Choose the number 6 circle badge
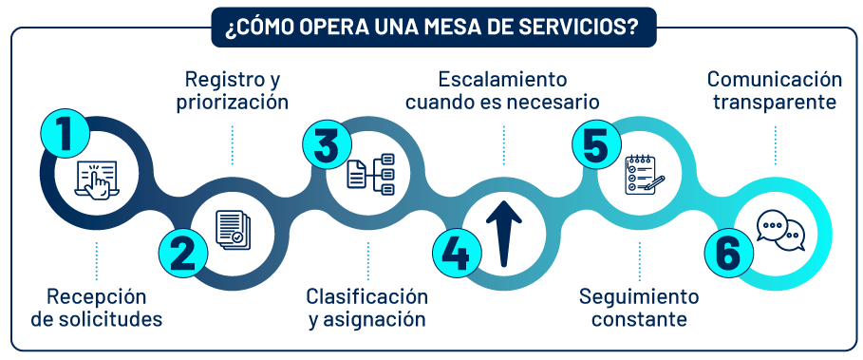(728, 253)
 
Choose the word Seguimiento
(639, 295)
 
